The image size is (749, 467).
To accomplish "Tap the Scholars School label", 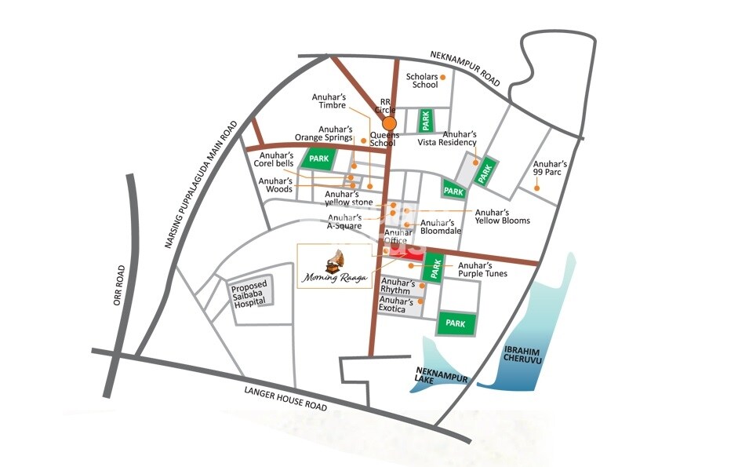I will tap(422, 81).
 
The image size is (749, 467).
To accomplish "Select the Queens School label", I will tap(385, 139).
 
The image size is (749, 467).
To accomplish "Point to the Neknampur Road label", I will tap(466, 69).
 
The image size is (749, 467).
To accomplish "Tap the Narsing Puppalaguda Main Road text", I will tap(201, 184).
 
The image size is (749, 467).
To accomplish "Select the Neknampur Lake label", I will tap(441, 383).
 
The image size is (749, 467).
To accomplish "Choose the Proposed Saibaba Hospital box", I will tap(249, 294).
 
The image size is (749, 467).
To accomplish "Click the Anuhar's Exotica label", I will tap(396, 305).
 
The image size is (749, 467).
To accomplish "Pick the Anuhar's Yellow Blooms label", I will tap(502, 216).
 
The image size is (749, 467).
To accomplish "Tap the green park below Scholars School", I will tap(426, 120).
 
